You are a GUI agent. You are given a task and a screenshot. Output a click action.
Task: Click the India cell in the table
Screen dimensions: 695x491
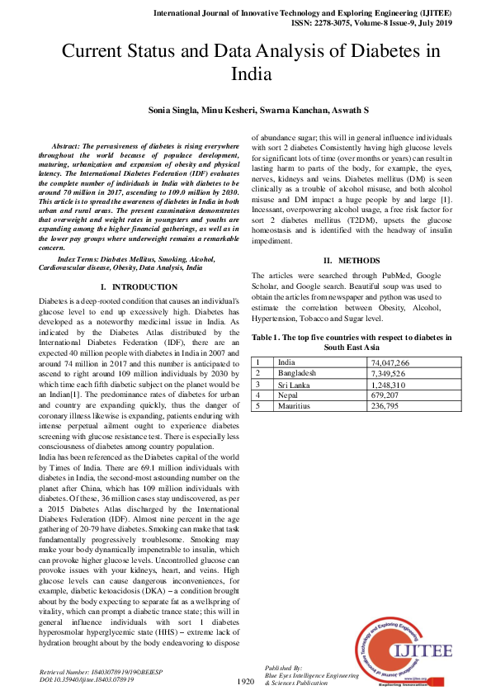(287, 362)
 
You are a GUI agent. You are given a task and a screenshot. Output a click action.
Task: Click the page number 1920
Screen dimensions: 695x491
(245, 682)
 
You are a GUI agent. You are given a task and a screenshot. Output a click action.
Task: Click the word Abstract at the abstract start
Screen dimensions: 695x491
(69, 144)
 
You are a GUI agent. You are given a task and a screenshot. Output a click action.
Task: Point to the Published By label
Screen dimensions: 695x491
(284, 667)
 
